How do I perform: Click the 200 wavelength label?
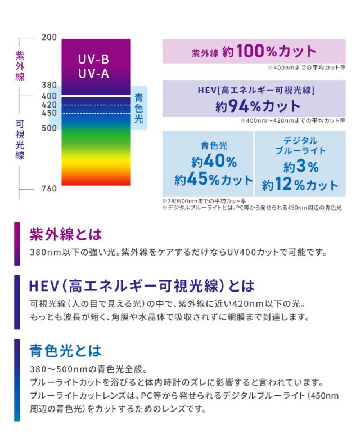click(x=49, y=38)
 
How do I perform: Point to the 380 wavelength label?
click(x=49, y=85)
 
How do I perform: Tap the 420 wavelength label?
click(x=49, y=105)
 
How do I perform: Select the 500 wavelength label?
click(x=49, y=128)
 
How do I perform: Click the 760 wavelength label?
click(x=49, y=189)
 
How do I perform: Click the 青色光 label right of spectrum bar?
click(x=139, y=108)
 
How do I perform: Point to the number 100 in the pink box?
click(x=255, y=52)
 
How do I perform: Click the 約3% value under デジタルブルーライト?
click(x=301, y=167)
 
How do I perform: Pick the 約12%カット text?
click(x=300, y=185)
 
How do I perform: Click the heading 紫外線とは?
click(x=65, y=234)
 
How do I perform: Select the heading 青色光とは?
click(x=65, y=351)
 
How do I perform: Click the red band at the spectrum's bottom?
click(x=96, y=179)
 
